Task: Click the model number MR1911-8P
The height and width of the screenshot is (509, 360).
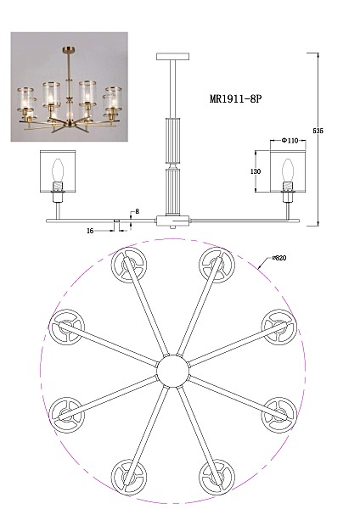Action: click(x=235, y=98)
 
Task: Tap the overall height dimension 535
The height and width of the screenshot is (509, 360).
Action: click(x=318, y=131)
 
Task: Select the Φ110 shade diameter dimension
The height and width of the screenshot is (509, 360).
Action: click(x=290, y=141)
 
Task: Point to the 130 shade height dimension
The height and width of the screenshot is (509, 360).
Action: click(x=256, y=171)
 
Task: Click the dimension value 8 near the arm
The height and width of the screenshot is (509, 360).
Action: click(x=137, y=211)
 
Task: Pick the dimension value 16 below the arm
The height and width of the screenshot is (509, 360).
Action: click(x=90, y=231)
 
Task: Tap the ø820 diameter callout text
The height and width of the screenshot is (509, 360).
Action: click(x=279, y=259)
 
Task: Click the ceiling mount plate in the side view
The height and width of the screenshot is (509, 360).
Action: click(x=172, y=57)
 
